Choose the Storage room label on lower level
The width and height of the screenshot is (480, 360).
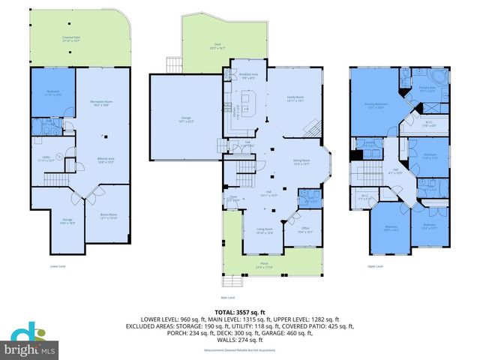tap(67, 220)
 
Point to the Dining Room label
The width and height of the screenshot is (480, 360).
tap(300, 162)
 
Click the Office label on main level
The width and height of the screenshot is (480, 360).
tap(305, 230)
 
